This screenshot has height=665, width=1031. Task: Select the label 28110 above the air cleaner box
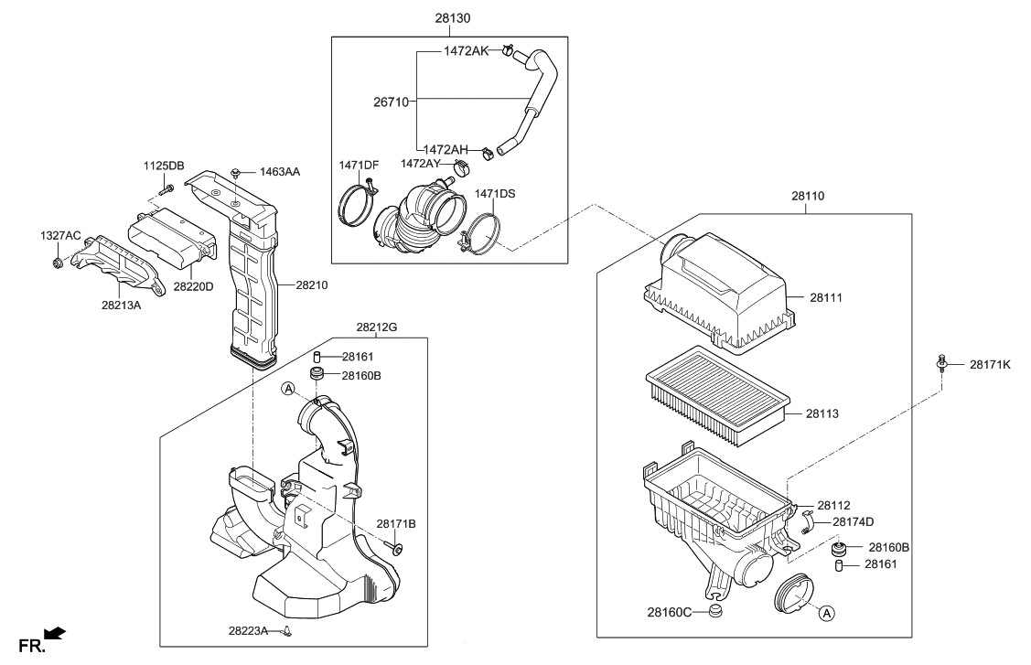pyautogui.click(x=805, y=196)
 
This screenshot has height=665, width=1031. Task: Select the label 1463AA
pyautogui.click(x=280, y=171)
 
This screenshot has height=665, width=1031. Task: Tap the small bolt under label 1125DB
pyautogui.click(x=165, y=190)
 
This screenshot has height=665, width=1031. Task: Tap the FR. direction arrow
pyautogui.click(x=55, y=633)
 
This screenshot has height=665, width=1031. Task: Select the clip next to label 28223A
pyautogui.click(x=286, y=629)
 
